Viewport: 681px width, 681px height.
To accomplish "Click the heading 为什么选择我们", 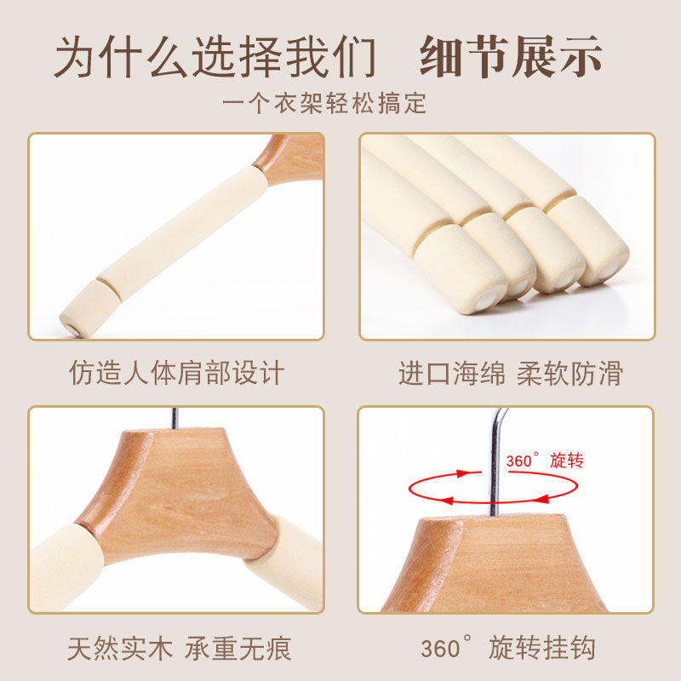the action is [215, 57].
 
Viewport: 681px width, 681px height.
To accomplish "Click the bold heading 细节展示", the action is [512, 57].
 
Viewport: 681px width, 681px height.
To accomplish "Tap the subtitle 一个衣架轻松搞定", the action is [324, 103].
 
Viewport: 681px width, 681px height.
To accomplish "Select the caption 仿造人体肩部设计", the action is [177, 373].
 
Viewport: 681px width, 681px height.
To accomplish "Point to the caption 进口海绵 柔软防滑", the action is [511, 373].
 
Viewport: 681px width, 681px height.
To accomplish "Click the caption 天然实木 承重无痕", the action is [179, 649].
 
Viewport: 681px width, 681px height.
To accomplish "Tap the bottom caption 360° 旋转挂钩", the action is [507, 648].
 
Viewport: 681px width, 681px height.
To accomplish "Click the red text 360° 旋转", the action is [545, 461].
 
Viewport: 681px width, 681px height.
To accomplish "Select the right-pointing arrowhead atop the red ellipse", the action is [463, 473].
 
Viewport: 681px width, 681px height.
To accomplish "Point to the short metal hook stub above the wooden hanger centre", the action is [175, 418].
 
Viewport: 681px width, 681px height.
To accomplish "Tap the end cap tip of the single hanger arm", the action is [72, 328].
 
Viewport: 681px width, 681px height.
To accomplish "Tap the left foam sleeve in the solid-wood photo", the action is [66, 567].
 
